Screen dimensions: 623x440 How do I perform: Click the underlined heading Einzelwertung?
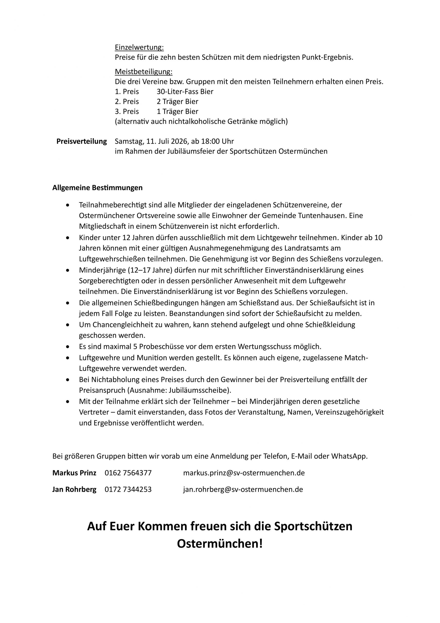[139, 47]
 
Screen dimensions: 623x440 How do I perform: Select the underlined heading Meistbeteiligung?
[143, 72]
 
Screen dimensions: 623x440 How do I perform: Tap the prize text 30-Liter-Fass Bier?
[185, 92]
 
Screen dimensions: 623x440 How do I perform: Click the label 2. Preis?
[127, 101]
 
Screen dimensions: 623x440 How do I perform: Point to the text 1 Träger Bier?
[177, 111]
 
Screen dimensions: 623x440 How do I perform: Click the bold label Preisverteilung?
[81, 141]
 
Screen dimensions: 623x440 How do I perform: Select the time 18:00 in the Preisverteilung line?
[211, 141]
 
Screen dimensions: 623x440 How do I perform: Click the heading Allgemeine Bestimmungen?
[97, 188]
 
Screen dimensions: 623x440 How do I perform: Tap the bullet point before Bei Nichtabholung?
[68, 380]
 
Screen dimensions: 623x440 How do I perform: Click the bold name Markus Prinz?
[74, 473]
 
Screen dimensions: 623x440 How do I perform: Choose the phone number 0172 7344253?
[128, 489]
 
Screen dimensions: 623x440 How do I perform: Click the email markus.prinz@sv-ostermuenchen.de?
[244, 473]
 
